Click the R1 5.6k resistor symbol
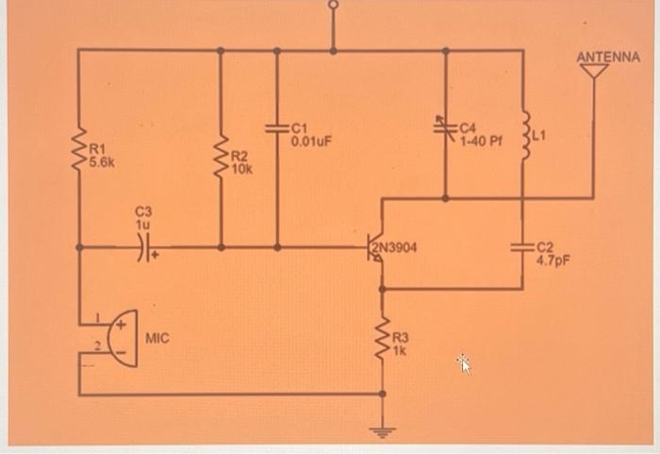tap(79, 149)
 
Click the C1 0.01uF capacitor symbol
tap(277, 128)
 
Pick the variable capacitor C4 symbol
tap(444, 126)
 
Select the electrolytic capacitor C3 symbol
tap(141, 248)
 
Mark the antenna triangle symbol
tap(593, 71)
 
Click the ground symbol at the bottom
tap(383, 432)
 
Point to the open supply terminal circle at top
tap(332, 6)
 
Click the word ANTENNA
tap(608, 57)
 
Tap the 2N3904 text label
tap(396, 248)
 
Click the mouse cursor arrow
tap(463, 363)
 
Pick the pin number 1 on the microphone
tap(96, 316)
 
